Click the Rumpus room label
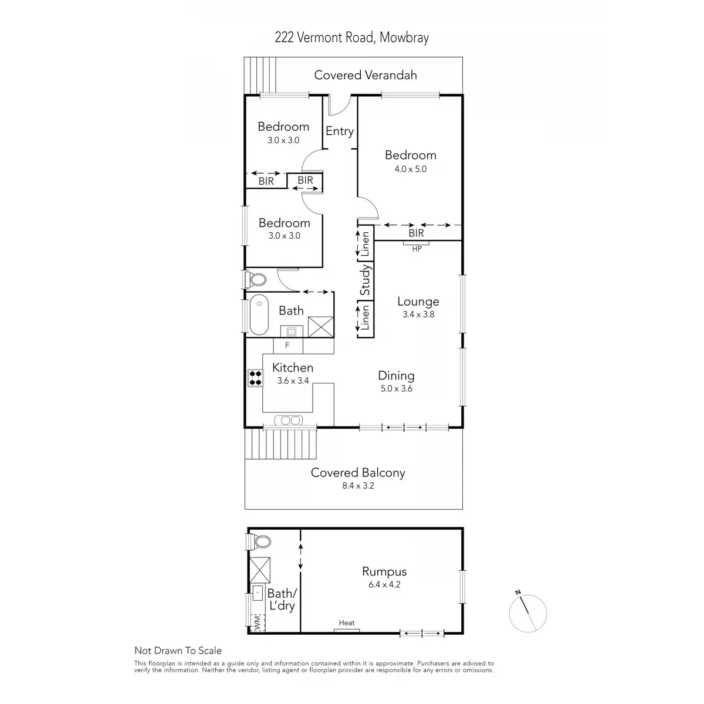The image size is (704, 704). pos(384,572)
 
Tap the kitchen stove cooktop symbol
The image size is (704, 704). pos(255,378)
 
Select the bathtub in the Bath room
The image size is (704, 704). pos(259,314)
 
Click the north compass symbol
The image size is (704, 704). pos(527,614)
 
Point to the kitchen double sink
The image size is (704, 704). pos(288,421)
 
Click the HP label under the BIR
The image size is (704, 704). pos(417,249)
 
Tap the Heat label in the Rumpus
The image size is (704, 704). pos(346,623)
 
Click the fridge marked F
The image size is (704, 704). pos(287,345)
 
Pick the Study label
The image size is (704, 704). pos(365,280)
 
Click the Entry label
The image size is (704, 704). pos(340,131)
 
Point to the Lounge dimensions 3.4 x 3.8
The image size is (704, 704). pos(418,314)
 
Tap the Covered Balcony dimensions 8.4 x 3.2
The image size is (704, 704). pos(358,486)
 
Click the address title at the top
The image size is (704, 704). pos(352,38)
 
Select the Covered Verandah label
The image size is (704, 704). pos(365,75)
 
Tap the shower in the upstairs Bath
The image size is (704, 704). pos(321,327)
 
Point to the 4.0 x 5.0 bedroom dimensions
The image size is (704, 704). pos(410,169)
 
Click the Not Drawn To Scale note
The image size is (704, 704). pos(178,651)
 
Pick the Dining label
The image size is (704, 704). pos(396,376)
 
